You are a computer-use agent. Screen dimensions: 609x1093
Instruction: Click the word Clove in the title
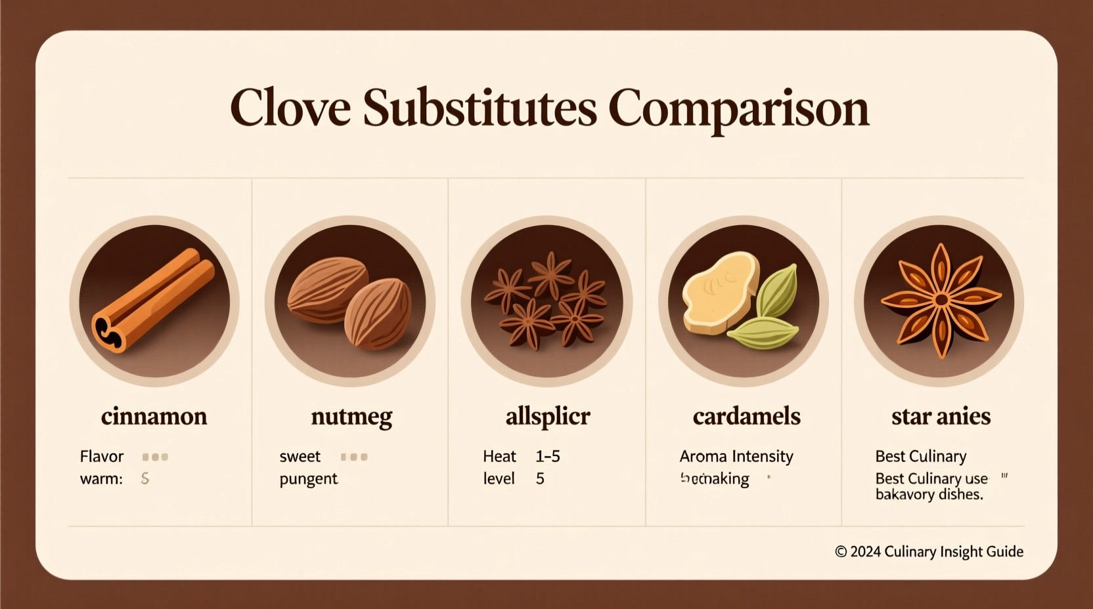click(290, 108)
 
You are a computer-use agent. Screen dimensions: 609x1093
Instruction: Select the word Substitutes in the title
click(480, 108)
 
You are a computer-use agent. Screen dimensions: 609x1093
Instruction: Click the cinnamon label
click(154, 416)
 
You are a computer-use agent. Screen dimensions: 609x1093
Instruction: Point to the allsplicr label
click(548, 417)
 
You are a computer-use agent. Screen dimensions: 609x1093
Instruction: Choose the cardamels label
click(746, 416)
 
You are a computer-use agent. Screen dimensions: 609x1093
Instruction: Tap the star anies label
click(941, 416)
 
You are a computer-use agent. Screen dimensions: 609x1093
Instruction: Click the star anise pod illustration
click(941, 301)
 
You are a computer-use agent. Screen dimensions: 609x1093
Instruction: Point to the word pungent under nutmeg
click(308, 479)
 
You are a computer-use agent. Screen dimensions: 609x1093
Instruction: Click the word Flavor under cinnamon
click(102, 456)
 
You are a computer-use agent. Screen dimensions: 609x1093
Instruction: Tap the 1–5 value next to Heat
click(547, 456)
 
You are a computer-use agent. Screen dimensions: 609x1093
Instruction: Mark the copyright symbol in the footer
click(841, 552)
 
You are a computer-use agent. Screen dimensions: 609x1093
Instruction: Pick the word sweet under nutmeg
click(300, 456)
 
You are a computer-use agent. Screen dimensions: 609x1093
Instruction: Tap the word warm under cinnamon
click(100, 479)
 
